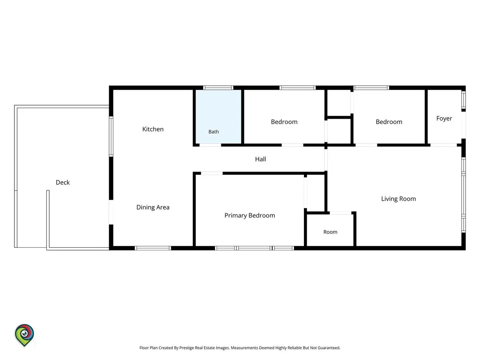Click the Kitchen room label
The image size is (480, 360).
click(153, 129)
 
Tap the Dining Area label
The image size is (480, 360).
click(153, 207)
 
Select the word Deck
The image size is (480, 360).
click(62, 182)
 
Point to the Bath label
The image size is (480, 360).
click(214, 132)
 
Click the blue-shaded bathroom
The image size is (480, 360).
click(218, 116)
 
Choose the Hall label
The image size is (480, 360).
click(260, 159)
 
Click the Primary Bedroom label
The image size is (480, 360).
click(250, 215)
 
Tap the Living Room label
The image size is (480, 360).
click(398, 199)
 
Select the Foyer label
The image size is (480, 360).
click(444, 118)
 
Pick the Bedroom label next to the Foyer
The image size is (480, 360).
click(389, 122)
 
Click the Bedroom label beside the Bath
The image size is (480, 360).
click(284, 122)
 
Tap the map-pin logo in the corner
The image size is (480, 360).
click(24, 335)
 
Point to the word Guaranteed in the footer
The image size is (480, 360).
click(329, 348)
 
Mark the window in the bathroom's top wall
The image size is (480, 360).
click(218, 88)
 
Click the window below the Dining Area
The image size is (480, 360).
click(153, 248)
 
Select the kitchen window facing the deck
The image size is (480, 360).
click(111, 136)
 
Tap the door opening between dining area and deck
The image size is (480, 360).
click(111, 212)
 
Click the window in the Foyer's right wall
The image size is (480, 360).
click(463, 100)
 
